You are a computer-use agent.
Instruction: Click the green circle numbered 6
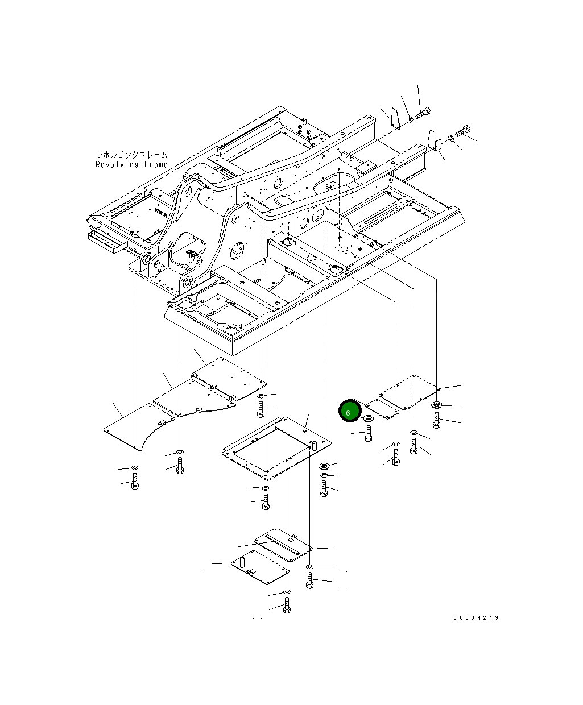pos(350,410)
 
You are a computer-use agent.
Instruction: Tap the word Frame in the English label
pos(156,164)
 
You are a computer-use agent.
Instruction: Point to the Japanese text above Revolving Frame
pos(132,155)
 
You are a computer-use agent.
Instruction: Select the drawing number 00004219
pos(476,618)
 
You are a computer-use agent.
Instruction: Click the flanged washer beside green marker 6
pos(368,418)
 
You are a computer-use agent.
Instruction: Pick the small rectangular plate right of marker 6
pos(382,409)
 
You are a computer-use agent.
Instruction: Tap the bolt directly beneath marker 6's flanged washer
pos(369,433)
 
